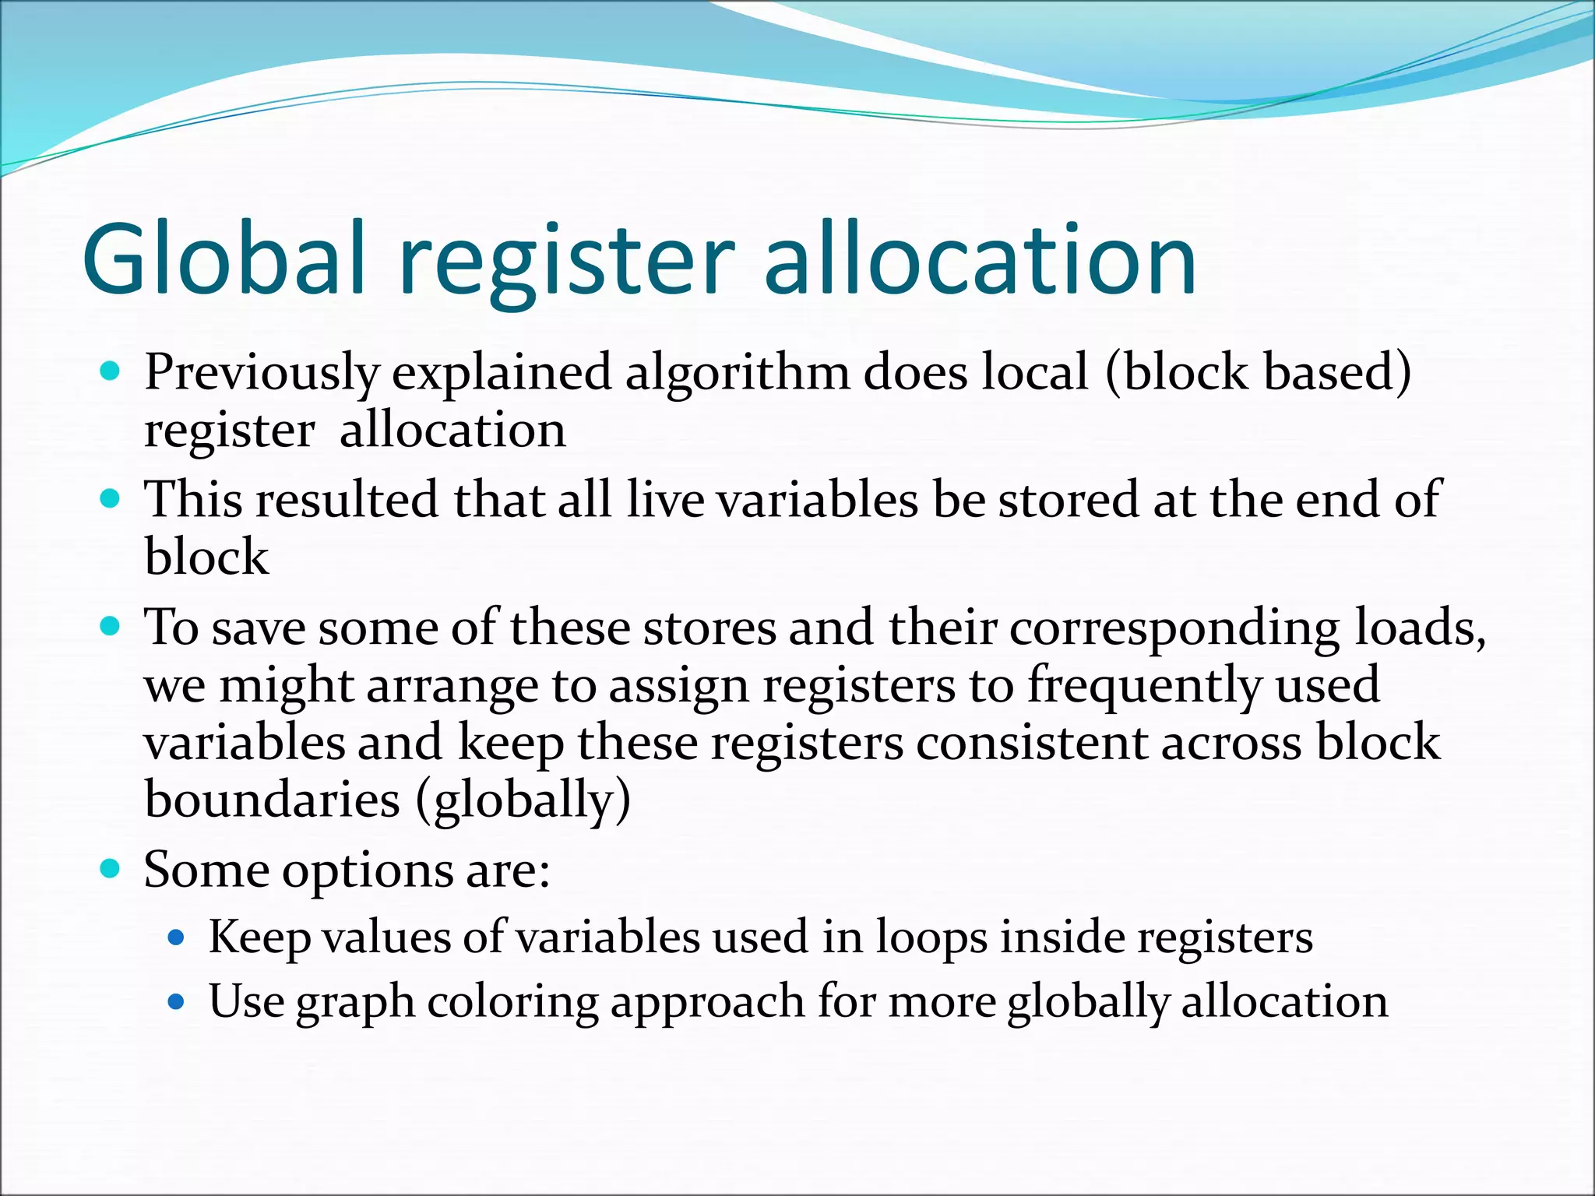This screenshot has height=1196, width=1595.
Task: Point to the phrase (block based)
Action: point(1257,372)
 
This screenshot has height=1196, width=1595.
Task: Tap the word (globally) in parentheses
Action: point(523,801)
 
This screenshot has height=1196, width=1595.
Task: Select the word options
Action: point(367,871)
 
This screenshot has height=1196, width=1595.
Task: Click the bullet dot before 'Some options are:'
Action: point(111,867)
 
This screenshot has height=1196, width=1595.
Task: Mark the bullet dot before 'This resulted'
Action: point(111,498)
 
